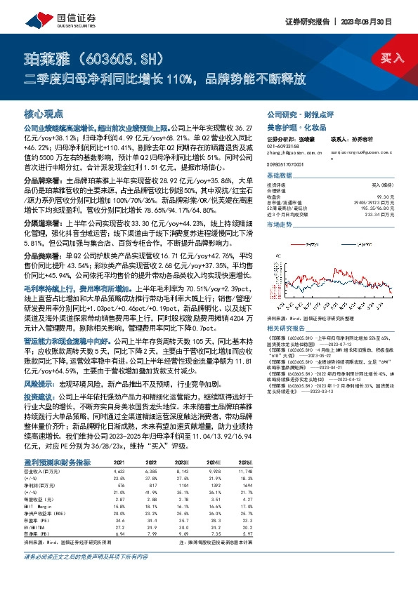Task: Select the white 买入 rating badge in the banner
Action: point(391,58)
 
